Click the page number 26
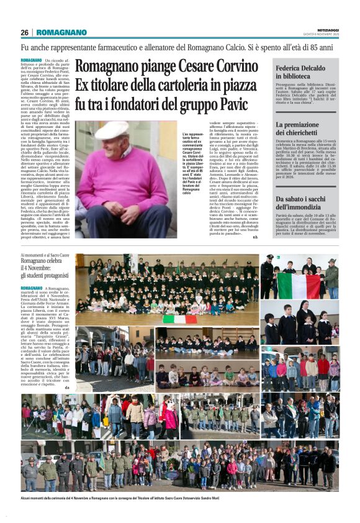coord(24,32)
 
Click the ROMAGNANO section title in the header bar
coord(61,32)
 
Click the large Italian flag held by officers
coord(299,286)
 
